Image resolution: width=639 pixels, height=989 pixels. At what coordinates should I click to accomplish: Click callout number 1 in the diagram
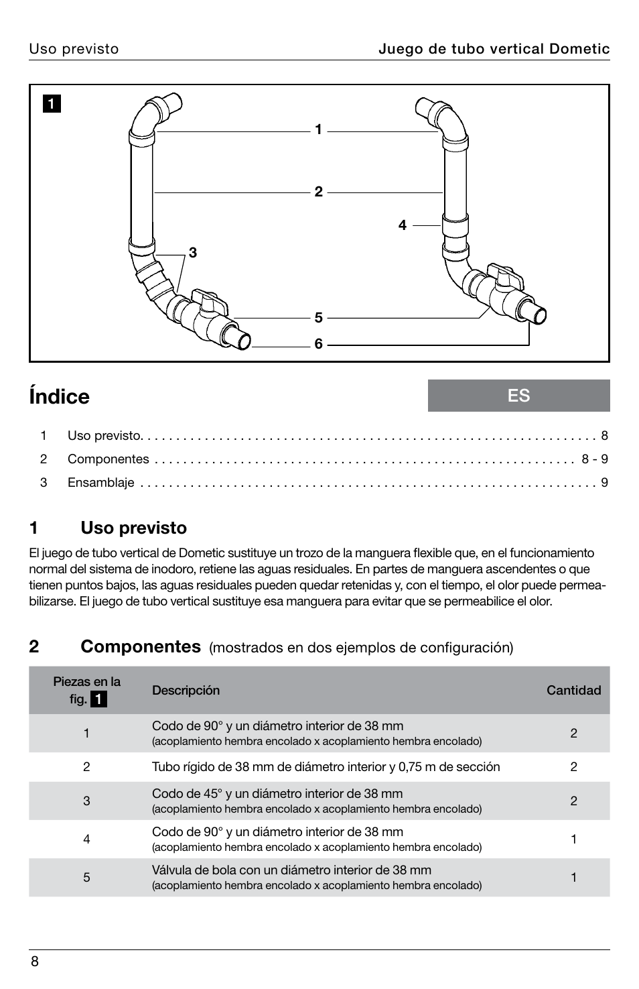[x=319, y=129]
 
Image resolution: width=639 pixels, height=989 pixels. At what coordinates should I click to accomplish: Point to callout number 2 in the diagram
[x=319, y=192]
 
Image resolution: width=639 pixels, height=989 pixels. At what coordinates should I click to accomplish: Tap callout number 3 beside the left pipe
[x=193, y=253]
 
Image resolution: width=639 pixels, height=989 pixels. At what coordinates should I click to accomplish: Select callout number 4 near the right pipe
[x=403, y=225]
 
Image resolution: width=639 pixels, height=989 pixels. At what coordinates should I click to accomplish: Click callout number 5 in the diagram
[x=319, y=317]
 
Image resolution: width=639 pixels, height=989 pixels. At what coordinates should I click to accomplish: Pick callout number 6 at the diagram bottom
[x=319, y=344]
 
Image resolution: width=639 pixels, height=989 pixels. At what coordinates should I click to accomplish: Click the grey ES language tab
[x=518, y=396]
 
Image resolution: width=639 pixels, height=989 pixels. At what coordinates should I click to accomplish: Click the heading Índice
[x=60, y=396]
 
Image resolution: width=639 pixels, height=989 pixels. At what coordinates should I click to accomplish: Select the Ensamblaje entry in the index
[x=100, y=482]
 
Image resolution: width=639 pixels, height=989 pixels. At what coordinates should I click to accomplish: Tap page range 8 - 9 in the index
[x=594, y=459]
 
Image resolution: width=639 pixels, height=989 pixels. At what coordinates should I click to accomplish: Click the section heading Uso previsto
[x=133, y=528]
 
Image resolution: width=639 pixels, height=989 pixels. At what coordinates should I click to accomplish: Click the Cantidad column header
[x=573, y=690]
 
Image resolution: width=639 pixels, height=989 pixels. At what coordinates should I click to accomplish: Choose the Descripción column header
[x=186, y=690]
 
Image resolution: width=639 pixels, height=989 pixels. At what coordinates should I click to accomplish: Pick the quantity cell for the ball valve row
[x=573, y=877]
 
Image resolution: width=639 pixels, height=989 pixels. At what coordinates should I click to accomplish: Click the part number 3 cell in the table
[x=86, y=801]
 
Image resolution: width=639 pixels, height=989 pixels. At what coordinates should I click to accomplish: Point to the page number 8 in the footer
[x=35, y=962]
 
